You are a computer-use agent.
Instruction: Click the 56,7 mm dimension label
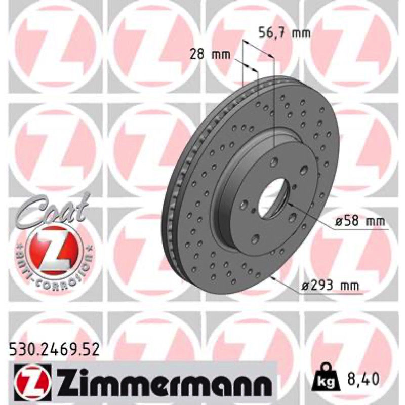coord(285,33)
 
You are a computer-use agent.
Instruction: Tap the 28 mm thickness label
coord(210,55)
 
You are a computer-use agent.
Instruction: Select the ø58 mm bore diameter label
coord(359,221)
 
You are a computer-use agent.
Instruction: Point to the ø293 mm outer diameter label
coord(330,286)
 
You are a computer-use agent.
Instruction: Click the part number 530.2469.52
coord(54,350)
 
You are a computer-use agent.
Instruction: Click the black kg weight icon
coord(328,377)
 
